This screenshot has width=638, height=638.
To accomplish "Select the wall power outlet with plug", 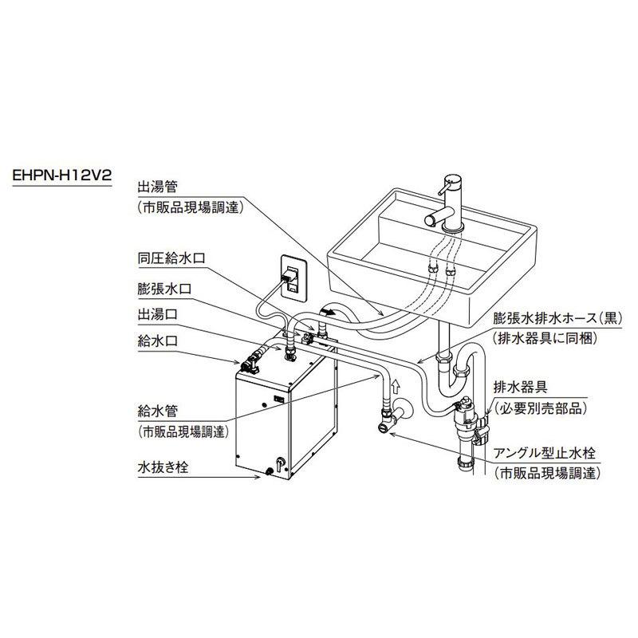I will tap(290, 277).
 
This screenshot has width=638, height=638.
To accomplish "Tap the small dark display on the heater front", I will tap(279, 396).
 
